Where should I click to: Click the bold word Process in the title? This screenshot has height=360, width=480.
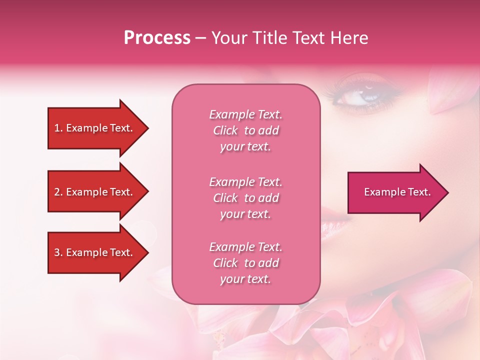tap(157, 38)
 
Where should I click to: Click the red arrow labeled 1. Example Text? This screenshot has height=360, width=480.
tap(95, 128)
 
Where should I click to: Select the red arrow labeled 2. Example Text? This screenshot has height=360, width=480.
tap(95, 192)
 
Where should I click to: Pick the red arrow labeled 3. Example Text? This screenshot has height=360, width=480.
tap(95, 252)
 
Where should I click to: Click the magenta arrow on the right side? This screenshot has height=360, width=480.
tap(395, 192)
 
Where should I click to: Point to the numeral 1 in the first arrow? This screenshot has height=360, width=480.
tap(57, 128)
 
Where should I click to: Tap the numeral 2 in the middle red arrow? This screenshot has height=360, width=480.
tap(57, 192)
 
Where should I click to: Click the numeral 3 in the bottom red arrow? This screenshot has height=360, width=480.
tap(57, 252)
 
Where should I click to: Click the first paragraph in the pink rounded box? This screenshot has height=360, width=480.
tap(245, 130)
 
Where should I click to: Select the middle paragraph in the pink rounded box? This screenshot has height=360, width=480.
tap(245, 198)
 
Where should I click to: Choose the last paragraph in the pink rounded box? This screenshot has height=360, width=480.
tap(245, 263)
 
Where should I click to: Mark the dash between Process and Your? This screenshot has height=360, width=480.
tap(201, 38)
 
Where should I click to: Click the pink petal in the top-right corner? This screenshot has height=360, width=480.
tap(452, 95)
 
